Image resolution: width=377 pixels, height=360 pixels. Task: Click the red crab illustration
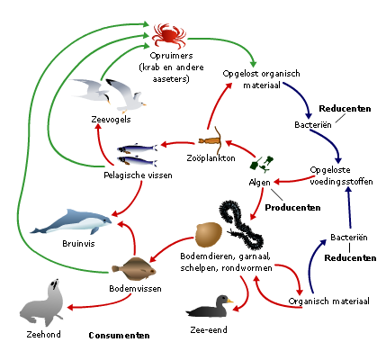pyautogui.click(x=169, y=36)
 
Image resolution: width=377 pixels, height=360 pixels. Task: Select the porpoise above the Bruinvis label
pyautogui.click(x=71, y=222)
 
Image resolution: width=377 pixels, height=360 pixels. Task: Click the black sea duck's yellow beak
pyautogui.click(x=229, y=301)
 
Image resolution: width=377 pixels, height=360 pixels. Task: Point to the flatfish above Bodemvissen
pyautogui.click(x=134, y=269)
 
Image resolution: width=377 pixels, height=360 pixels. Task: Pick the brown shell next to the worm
pyautogui.click(x=209, y=234)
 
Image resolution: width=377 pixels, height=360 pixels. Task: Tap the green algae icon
pyautogui.click(x=262, y=164)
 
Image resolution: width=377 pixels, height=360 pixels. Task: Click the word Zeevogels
pyautogui.click(x=111, y=120)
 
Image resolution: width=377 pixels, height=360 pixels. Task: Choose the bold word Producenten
pyautogui.click(x=292, y=208)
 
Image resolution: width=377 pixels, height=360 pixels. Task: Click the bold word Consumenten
pyautogui.click(x=119, y=336)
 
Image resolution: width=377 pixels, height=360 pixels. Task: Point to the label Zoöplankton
pyautogui.click(x=211, y=158)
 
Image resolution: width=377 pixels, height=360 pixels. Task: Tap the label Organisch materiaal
pyautogui.click(x=328, y=301)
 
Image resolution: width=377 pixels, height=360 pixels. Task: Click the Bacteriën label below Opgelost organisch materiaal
pyautogui.click(x=313, y=125)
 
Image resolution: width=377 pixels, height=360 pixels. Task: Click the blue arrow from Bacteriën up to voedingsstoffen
pyautogui.click(x=349, y=207)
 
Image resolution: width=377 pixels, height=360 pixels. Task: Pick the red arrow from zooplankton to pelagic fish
pyautogui.click(x=177, y=143)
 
